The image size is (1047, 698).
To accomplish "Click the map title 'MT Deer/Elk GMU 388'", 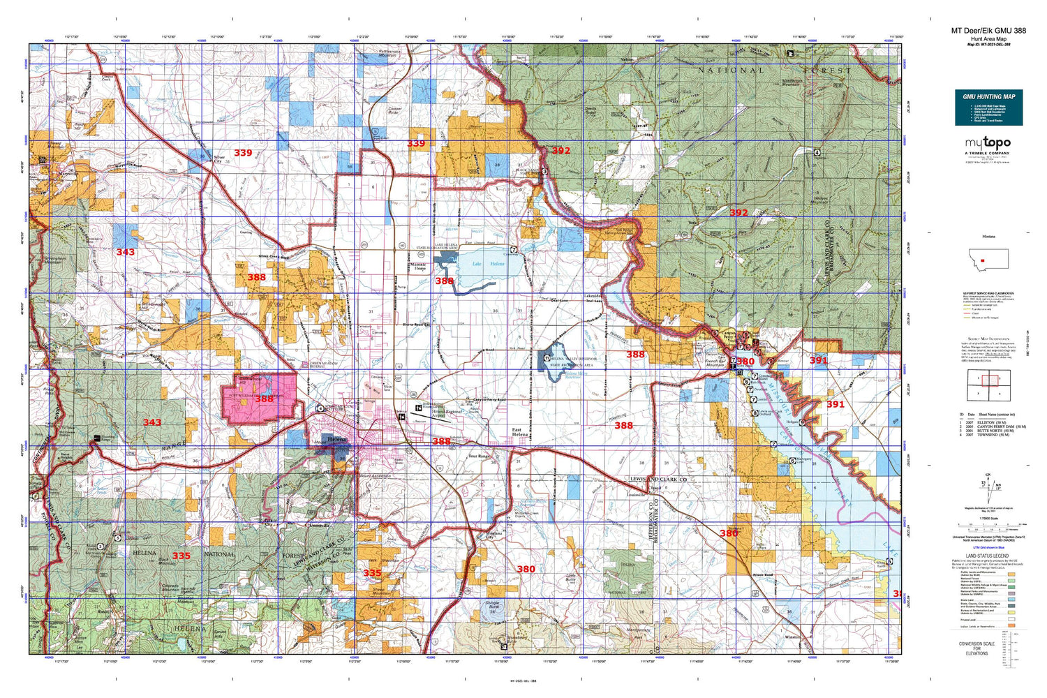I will click(x=988, y=31).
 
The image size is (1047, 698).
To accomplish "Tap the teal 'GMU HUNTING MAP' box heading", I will click(x=988, y=96).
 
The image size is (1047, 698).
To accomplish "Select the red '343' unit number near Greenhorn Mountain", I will click(x=126, y=252).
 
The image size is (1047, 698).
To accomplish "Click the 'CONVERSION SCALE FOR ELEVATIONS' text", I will click(x=977, y=648).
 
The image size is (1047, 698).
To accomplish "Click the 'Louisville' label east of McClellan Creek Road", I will click(x=636, y=494).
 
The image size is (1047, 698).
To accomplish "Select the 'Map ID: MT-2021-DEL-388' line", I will click(x=988, y=44).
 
